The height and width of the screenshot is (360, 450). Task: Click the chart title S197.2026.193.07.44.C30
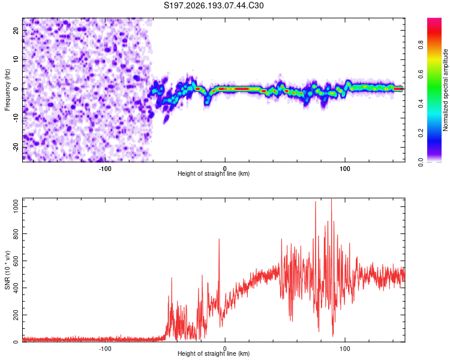(214, 5)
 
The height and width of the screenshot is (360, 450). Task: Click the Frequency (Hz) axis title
(7, 89)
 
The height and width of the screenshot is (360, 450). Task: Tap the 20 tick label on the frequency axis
(16, 30)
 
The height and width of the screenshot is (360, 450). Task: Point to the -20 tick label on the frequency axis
(16, 148)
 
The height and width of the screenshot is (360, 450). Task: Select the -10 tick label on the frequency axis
(16, 118)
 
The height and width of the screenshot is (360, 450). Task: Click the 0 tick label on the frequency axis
(16, 89)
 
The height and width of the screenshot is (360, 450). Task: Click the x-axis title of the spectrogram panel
(214, 173)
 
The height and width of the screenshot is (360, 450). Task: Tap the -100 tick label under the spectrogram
(105, 169)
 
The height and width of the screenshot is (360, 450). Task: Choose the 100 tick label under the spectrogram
(344, 169)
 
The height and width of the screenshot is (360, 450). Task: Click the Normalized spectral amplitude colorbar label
(445, 90)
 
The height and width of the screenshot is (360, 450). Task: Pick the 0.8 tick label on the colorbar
(421, 45)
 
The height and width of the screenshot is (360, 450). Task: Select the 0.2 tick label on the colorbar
(421, 133)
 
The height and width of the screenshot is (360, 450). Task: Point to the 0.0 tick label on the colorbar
(421, 163)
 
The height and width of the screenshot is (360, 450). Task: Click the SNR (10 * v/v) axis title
(7, 270)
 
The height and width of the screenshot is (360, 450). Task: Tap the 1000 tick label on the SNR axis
(16, 206)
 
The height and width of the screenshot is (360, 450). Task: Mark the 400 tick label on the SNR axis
(16, 287)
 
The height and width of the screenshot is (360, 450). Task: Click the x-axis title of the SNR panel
(214, 353)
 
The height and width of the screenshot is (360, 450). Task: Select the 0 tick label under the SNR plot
(225, 349)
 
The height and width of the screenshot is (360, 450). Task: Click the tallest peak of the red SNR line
(331, 199)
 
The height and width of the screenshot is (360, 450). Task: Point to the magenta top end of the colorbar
(434, 19)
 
